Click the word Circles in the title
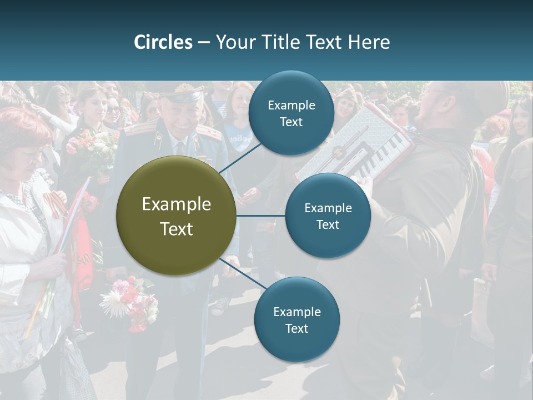pos(163,42)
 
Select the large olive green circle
pos(176,216)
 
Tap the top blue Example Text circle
pos(291,113)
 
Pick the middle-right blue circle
pos(328,216)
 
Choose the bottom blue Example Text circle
pos(296,319)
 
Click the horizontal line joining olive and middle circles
pos(260,216)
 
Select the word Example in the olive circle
pos(176,204)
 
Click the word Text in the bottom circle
pos(296,328)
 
